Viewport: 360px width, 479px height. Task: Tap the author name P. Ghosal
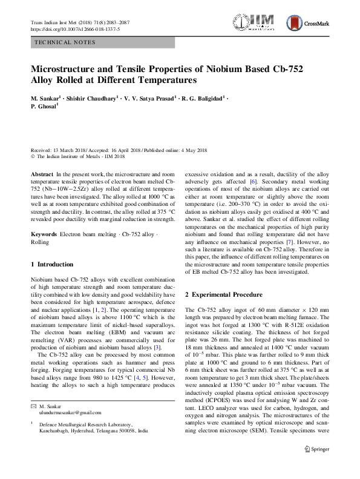pyautogui.click(x=44, y=107)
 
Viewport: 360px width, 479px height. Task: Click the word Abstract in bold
pyautogui.click(x=42, y=174)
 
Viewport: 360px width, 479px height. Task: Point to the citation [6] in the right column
pyautogui.click(x=254, y=182)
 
